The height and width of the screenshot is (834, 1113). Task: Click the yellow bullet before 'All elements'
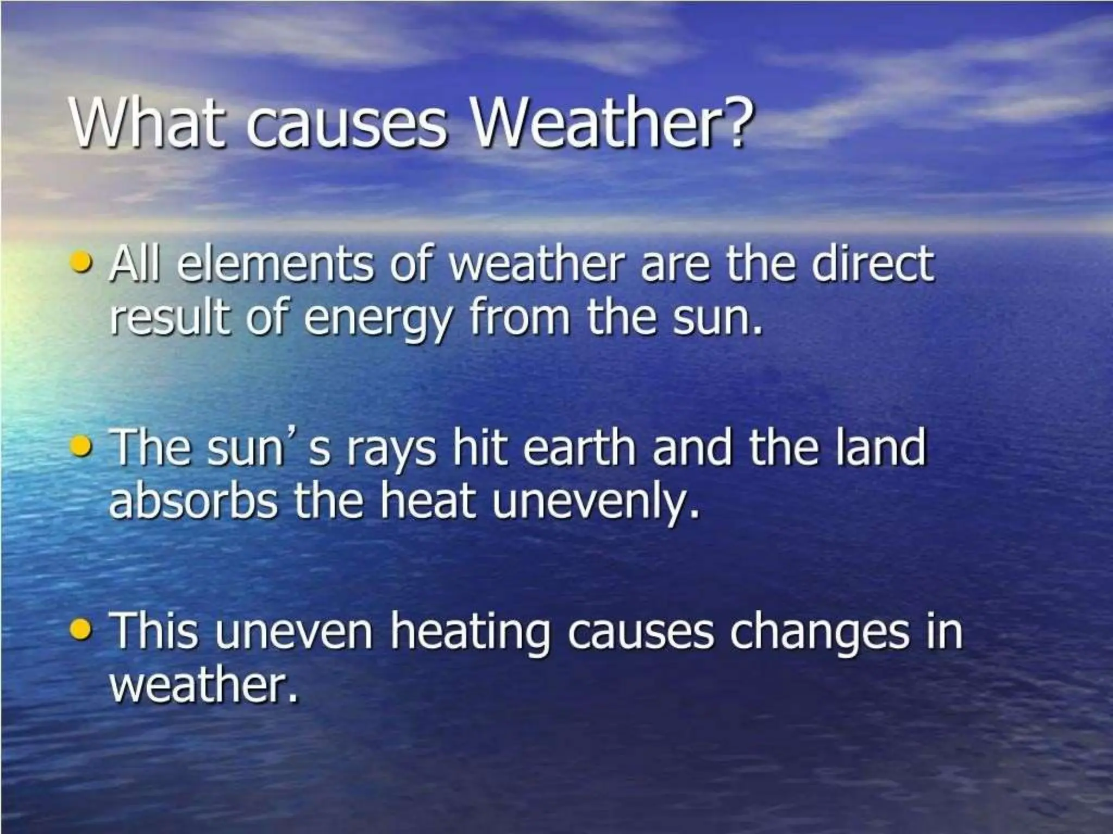click(x=84, y=266)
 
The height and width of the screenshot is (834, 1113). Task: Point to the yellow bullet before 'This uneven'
click(x=84, y=630)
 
